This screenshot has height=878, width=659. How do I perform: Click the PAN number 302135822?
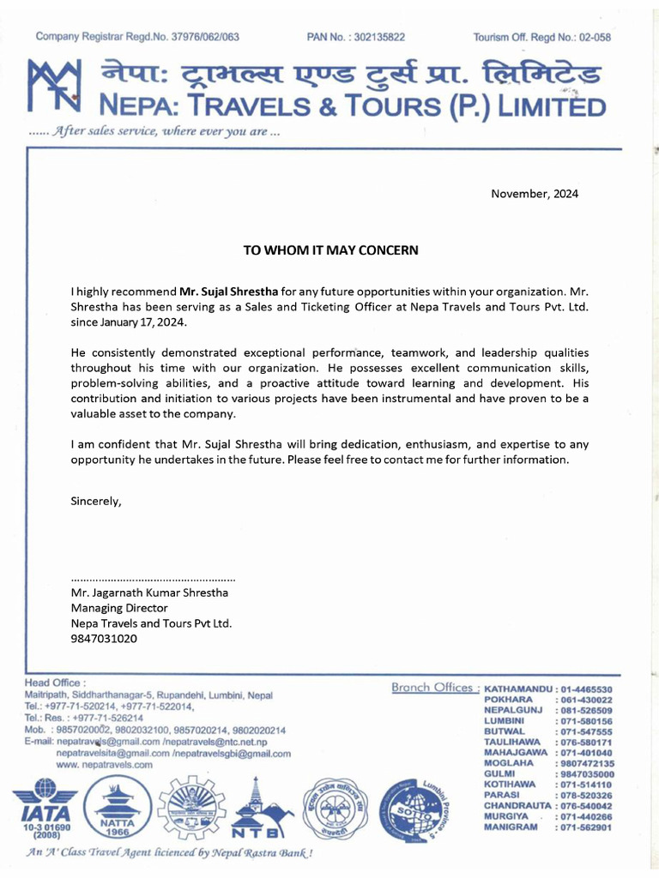tap(356, 37)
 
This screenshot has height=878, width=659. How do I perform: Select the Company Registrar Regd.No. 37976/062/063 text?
tap(137, 37)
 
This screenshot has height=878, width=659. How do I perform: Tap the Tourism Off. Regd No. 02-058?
tap(541, 37)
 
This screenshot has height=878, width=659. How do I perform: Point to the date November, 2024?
tap(535, 194)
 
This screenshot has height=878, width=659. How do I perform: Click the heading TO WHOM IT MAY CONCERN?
tap(330, 250)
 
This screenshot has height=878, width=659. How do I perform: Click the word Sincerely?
tap(96, 502)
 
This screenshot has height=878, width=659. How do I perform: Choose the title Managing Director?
tap(118, 608)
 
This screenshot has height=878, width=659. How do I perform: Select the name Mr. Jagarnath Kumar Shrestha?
tap(149, 592)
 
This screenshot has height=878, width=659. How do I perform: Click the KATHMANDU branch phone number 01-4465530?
tap(585, 689)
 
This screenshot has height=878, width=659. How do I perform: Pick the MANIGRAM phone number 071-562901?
tap(585, 827)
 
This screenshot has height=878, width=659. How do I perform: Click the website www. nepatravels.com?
tap(104, 764)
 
